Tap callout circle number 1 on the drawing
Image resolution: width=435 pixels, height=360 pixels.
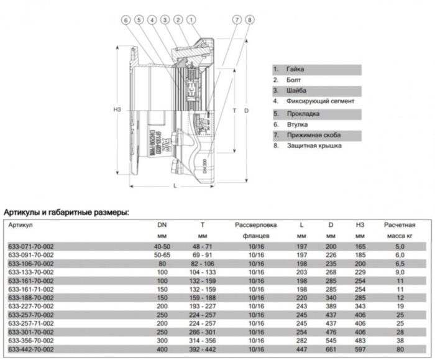191,21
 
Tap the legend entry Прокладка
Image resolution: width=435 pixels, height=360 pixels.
301,114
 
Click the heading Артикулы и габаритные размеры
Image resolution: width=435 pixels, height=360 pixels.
66,212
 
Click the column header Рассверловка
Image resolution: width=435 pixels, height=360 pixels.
255,224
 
